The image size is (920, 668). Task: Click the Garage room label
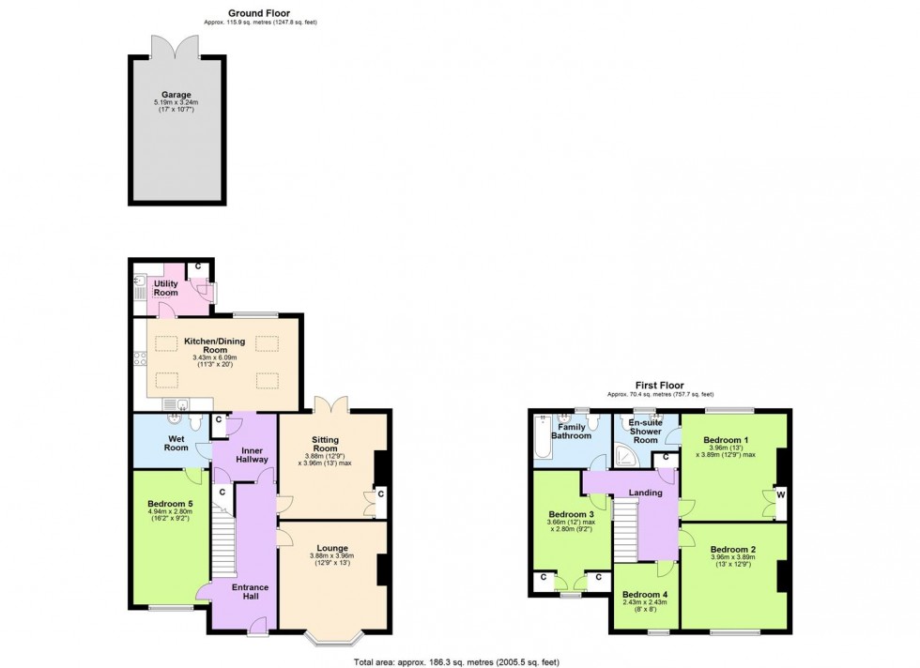click(176, 95)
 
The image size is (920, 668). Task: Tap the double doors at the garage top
click(177, 47)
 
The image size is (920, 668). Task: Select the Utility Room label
click(166, 287)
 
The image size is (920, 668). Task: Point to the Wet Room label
click(176, 442)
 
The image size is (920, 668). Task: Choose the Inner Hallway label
click(248, 454)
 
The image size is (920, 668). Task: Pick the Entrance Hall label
click(251, 593)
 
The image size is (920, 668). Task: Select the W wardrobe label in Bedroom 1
click(780, 494)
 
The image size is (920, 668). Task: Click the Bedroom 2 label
click(733, 550)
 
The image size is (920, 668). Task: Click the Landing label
click(646, 493)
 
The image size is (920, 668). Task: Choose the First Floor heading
click(660, 386)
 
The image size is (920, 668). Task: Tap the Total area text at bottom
click(461, 661)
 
